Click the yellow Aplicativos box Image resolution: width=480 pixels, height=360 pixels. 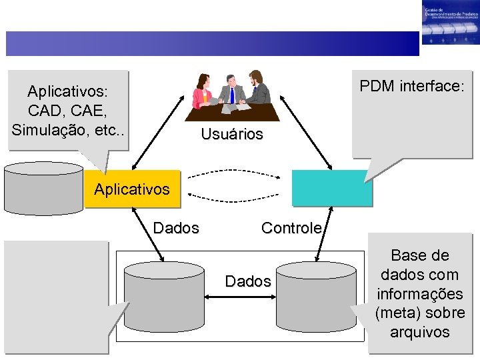click(132, 189)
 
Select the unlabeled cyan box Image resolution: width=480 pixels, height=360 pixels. click(331, 187)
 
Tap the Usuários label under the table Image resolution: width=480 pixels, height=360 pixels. click(232, 134)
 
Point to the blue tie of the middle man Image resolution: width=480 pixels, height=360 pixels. click(231, 95)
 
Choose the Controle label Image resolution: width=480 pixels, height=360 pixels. click(291, 228)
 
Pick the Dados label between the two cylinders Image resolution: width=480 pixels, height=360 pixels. click(247, 281)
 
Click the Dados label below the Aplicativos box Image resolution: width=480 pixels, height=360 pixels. click(176, 228)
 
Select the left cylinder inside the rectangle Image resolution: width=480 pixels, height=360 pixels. click(164, 296)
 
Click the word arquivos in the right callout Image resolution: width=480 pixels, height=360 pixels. click(420, 332)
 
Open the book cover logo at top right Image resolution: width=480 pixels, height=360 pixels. click(449, 23)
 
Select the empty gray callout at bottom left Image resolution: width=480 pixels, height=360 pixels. click(56, 296)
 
